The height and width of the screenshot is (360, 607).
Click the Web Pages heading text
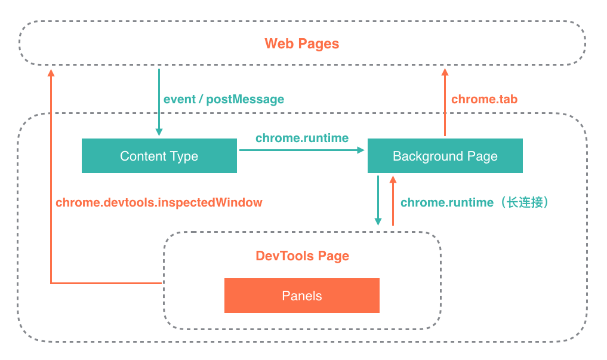coord(302,44)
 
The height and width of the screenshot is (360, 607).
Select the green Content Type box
coord(159,156)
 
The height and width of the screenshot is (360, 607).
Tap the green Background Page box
coord(445,156)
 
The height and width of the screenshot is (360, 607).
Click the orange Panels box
coord(301,296)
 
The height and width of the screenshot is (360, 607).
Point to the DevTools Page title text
coord(302,256)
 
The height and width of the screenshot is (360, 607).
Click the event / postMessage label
coord(224,99)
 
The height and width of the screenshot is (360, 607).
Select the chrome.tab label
coord(484,99)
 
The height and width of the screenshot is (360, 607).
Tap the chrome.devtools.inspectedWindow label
coord(159,202)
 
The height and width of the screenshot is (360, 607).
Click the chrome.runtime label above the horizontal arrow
coord(302,138)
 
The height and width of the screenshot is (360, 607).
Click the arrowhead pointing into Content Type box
coord(159,132)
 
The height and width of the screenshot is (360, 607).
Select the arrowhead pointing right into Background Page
coord(360,150)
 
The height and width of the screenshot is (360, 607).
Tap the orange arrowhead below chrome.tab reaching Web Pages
coord(445,72)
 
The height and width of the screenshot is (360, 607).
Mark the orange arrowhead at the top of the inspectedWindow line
coord(51,73)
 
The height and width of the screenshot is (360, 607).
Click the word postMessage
coord(245,99)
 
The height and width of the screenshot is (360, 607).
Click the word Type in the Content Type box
coord(183,156)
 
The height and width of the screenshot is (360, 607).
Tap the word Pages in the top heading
coord(319,44)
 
